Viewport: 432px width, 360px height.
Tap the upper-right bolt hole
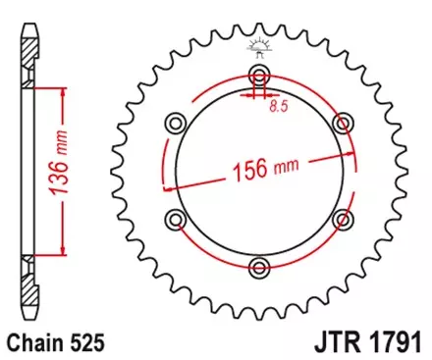tap(342, 123)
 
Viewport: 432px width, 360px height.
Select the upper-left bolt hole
tap(177, 123)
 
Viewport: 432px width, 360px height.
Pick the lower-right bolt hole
tap(342, 218)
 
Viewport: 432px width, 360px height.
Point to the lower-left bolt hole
tap(177, 218)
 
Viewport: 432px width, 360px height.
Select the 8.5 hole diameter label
tap(280, 105)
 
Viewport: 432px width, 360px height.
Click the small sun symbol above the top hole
tap(259, 45)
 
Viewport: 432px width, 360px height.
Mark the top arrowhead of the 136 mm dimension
tap(64, 89)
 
